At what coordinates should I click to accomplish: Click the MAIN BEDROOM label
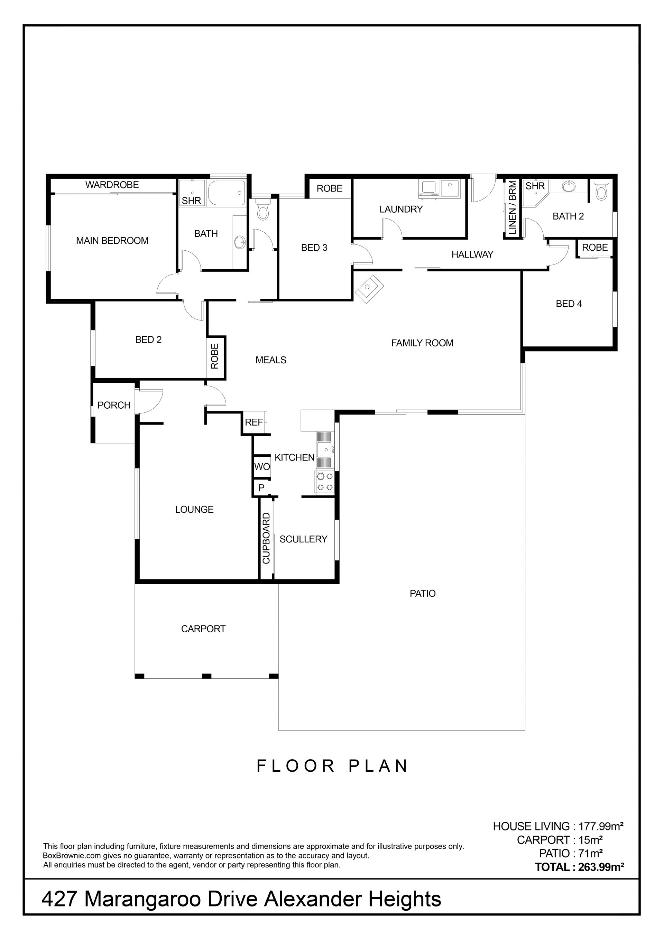point(112,241)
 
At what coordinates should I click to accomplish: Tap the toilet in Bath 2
point(601,190)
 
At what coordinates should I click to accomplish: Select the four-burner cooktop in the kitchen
point(324,482)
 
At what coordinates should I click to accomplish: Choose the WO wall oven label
point(262,467)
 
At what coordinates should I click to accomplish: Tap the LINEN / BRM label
point(512,207)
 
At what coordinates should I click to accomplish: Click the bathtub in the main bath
point(227,193)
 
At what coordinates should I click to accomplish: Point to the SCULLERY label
point(303,539)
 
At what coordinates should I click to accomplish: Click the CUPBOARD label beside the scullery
point(266,538)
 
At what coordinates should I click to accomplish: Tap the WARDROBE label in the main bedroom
point(112,185)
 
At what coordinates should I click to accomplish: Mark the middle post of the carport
point(206,676)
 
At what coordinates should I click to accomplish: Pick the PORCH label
point(114,405)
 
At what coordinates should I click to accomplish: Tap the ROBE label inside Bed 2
point(214,356)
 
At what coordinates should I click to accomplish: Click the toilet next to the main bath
point(262,209)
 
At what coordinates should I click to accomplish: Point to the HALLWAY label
point(472,254)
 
